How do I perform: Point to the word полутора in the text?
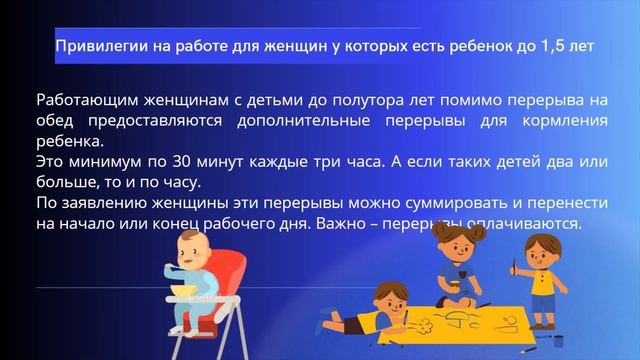tap(298, 101)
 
